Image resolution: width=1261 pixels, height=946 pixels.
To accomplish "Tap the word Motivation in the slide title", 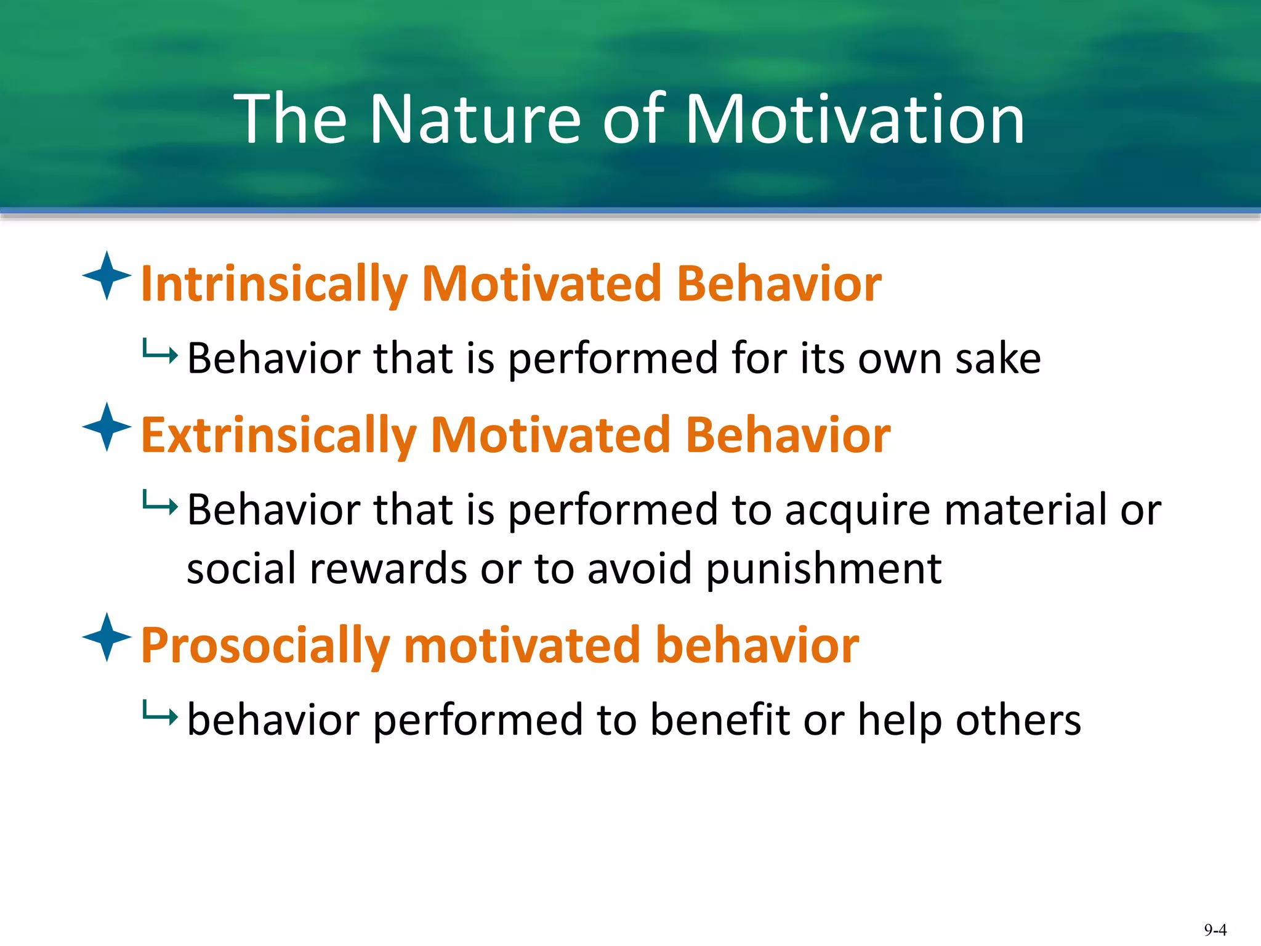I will (x=854, y=119).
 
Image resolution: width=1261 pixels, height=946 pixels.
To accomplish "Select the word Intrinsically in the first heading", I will (x=274, y=285).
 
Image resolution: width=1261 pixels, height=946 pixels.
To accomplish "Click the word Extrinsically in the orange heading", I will (x=278, y=435).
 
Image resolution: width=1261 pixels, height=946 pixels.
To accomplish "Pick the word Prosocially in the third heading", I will (x=265, y=646).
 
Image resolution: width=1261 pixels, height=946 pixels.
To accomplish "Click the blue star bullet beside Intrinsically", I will (x=107, y=276).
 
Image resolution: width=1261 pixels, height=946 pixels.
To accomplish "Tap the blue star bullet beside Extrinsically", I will (x=107, y=427).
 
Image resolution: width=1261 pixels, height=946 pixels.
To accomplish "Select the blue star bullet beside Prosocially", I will (x=107, y=637).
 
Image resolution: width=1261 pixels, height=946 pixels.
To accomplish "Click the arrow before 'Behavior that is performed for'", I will (x=159, y=352).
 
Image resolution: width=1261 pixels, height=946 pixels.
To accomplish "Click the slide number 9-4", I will (x=1215, y=930).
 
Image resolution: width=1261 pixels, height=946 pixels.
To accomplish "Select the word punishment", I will (x=823, y=569).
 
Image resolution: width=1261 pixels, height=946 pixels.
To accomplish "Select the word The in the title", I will (x=291, y=119).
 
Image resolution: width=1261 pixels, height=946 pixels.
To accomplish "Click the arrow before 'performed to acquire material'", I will (x=159, y=504).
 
